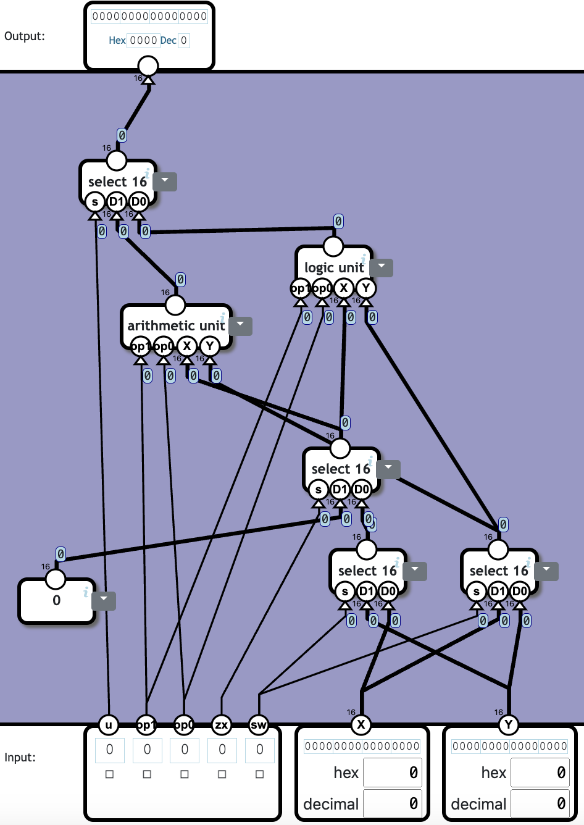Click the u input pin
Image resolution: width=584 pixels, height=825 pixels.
pyautogui.click(x=109, y=724)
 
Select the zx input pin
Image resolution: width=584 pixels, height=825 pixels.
pyautogui.click(x=222, y=724)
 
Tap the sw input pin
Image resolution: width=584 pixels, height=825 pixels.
pyautogui.click(x=259, y=724)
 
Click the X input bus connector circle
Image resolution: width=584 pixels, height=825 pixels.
pyautogui.click(x=361, y=724)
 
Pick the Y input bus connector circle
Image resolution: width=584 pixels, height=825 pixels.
pyautogui.click(x=509, y=724)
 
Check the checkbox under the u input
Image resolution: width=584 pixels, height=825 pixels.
pyautogui.click(x=109, y=774)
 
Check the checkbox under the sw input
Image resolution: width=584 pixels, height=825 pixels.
pyautogui.click(x=259, y=774)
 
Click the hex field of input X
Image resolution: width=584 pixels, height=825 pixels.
pyautogui.click(x=393, y=773)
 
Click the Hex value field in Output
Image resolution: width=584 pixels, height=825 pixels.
pyautogui.click(x=143, y=41)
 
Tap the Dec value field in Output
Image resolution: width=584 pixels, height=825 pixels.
pyautogui.click(x=184, y=41)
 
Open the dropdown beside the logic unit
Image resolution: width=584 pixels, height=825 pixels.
pyautogui.click(x=382, y=267)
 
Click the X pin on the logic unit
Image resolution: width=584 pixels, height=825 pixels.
pyautogui.click(x=344, y=288)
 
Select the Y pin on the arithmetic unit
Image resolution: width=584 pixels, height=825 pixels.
pyautogui.click(x=210, y=346)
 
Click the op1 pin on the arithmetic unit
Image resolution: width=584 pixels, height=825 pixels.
pyautogui.click(x=141, y=346)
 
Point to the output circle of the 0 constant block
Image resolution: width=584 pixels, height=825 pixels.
pyautogui.click(x=56, y=579)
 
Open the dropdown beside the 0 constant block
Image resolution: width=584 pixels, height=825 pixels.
pyautogui.click(x=104, y=599)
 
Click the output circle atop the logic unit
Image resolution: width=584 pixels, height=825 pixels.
pyautogui.click(x=333, y=246)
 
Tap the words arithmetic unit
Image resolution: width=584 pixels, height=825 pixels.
pyautogui.click(x=176, y=325)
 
